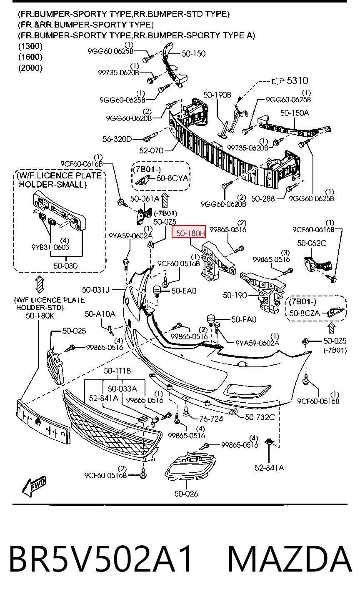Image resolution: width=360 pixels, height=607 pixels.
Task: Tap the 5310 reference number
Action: point(297,80)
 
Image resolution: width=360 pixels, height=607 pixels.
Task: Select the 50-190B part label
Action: point(217,95)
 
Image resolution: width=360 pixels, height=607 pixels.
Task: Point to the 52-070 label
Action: point(151,150)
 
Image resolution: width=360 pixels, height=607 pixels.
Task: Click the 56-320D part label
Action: point(117,139)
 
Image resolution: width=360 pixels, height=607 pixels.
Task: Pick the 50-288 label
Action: point(263,198)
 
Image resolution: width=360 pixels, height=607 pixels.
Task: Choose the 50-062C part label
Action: point(312,243)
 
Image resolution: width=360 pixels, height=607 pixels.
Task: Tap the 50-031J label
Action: point(95,290)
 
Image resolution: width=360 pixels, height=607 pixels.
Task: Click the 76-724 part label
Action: point(211,419)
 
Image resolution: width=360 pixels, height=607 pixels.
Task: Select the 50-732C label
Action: point(260,417)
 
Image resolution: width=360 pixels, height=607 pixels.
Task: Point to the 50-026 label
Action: point(186,494)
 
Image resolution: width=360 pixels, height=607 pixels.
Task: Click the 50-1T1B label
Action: point(117,371)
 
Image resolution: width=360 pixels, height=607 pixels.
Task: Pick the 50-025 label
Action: point(74,331)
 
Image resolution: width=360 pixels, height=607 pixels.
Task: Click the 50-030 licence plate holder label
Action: point(65,266)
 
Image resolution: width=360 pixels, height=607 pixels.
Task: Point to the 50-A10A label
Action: point(100,314)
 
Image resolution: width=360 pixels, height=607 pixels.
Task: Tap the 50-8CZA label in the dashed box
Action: point(305,313)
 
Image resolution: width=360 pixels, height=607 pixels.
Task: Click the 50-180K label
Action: point(40,316)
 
